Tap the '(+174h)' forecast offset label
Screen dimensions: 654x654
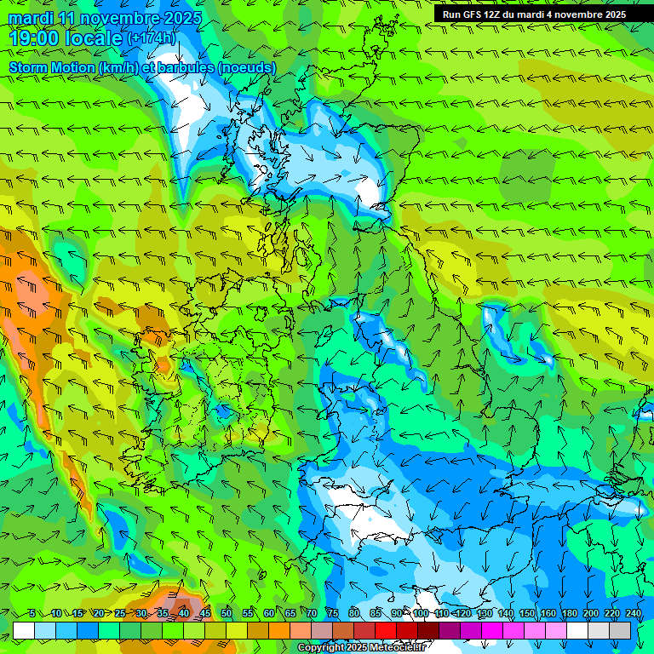[x=152, y=38]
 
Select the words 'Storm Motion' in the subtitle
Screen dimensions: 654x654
[x=52, y=67]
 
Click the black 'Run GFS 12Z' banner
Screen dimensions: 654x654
[x=534, y=14]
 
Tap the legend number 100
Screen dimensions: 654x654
[x=421, y=614]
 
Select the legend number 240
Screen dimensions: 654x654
[x=633, y=614]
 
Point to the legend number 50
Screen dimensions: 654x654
[x=227, y=614]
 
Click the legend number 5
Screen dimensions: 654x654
[x=32, y=614]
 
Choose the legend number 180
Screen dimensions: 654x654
[x=569, y=614]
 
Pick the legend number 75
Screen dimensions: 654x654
[x=333, y=614]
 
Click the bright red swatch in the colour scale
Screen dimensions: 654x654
[x=386, y=630]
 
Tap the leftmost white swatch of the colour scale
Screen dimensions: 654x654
[x=24, y=630]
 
